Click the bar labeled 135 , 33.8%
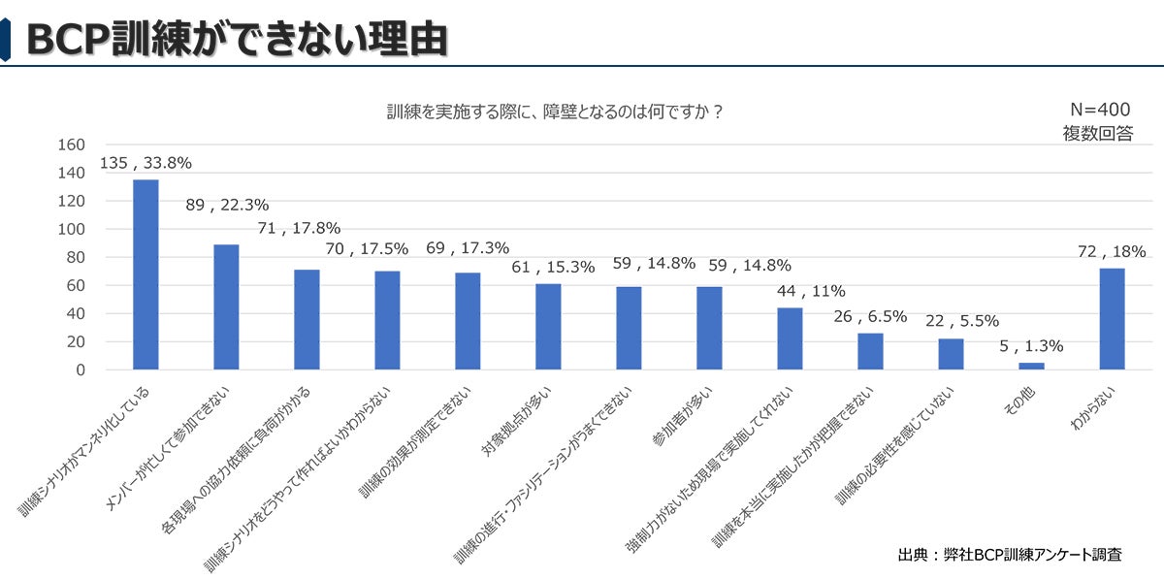tap(145, 274)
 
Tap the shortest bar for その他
tap(1031, 366)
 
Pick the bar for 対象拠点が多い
tap(548, 327)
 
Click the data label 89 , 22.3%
tap(227, 205)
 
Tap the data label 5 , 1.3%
tap(1031, 345)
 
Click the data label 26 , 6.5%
tap(870, 316)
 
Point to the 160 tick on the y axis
tap(72, 145)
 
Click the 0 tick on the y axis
tap(80, 370)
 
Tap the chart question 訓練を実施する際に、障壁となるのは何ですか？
tap(555, 112)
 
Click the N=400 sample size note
tap(1100, 110)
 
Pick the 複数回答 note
tap(1098, 134)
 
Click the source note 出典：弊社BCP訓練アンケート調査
tap(1010, 555)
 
